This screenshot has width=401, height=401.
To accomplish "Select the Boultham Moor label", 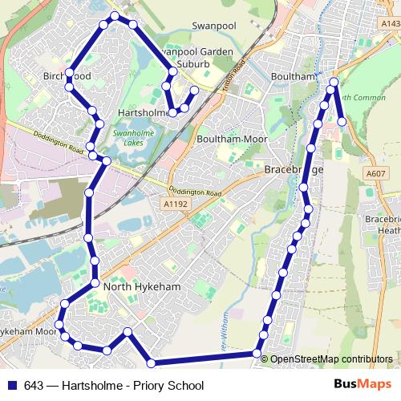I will (232, 139).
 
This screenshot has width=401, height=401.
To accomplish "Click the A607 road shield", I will (375, 173).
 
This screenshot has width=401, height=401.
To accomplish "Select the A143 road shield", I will (391, 24).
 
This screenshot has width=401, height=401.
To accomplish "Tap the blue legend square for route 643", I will (12, 386).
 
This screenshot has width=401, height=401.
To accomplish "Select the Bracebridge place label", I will (293, 171).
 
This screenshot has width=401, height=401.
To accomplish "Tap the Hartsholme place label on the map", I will (144, 113).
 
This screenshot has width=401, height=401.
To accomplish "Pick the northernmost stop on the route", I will (115, 15).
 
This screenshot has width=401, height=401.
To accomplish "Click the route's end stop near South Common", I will (342, 122).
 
